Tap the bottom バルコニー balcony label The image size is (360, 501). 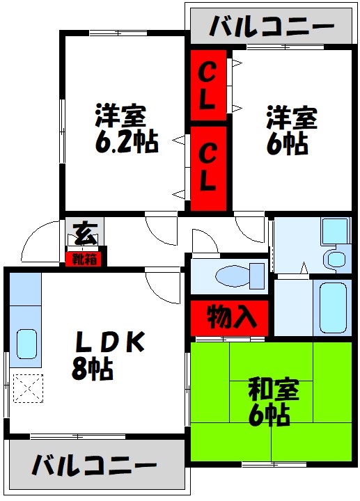pos(94,466)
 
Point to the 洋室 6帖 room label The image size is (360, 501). pos(291,130)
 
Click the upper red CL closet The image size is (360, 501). pos(207,85)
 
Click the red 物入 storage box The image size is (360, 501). pos(229,318)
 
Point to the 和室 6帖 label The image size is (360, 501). pos(273,402)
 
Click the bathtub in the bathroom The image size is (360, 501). pos(332,307)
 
